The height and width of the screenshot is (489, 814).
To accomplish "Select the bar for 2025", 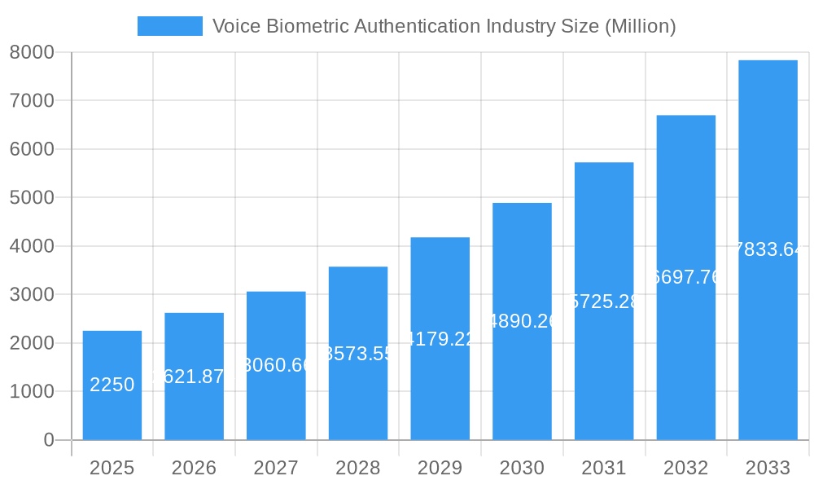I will point(112,385).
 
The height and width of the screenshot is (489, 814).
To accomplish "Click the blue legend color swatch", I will point(169,26).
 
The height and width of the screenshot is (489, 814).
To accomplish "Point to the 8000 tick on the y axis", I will point(32,52).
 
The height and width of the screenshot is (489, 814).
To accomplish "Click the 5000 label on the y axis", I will point(32,197).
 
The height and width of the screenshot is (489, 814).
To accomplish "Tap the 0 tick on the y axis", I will point(48,440).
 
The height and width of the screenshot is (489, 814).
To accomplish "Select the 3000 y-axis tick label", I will point(32,294).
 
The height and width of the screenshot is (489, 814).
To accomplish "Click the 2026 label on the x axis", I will point(194,468).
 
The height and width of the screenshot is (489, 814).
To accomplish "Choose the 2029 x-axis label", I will point(440,468).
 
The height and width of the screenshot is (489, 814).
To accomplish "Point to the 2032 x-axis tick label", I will point(685,468).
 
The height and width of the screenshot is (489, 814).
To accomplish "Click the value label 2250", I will point(112,385).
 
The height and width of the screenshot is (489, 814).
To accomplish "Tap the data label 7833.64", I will point(768,249).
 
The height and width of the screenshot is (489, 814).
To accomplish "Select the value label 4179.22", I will point(440,339).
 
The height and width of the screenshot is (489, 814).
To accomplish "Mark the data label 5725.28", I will point(604,302).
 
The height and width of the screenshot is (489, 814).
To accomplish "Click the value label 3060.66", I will point(276,365).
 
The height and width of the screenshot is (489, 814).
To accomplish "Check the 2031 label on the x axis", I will point(604,468).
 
